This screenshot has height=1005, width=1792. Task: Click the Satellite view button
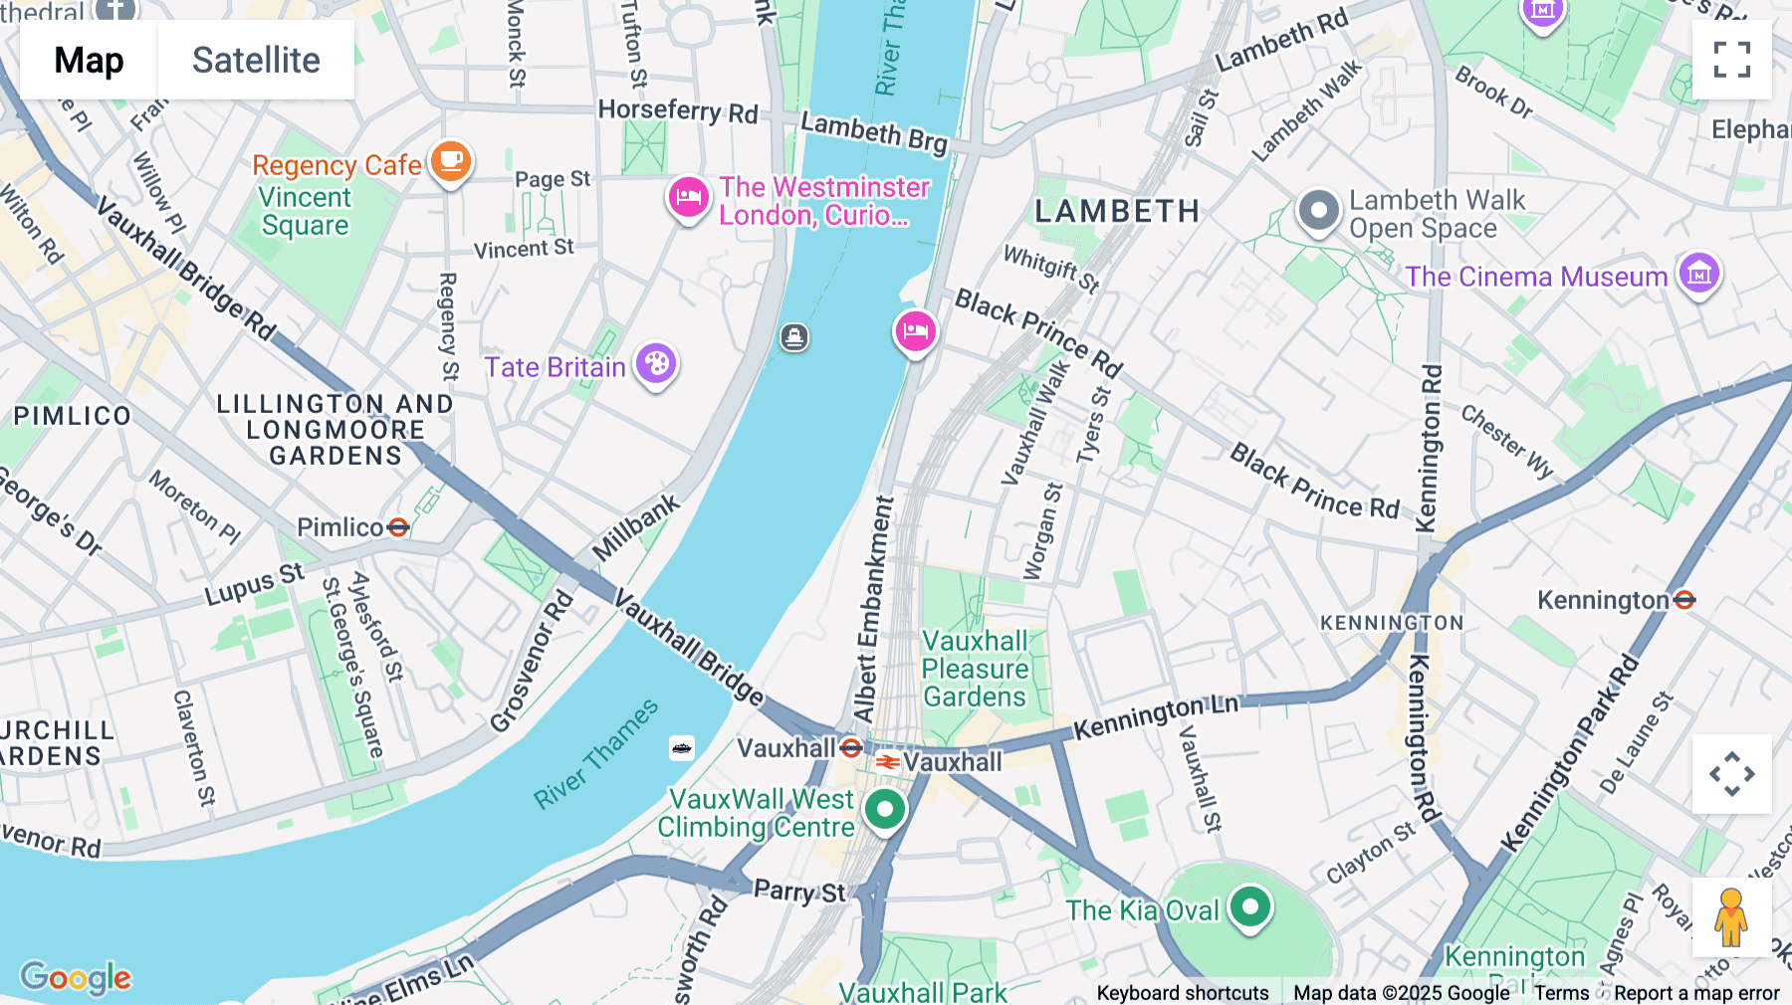[x=256, y=60]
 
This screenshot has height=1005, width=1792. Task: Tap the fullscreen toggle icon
[x=1731, y=60]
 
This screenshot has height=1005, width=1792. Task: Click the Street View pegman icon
[x=1731, y=917]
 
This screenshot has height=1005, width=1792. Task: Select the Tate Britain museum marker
[x=656, y=364]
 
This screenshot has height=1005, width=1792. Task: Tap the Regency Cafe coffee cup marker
[x=450, y=161]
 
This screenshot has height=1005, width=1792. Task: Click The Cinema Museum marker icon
[x=1698, y=273]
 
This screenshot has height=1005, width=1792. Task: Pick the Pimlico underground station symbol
[x=398, y=527]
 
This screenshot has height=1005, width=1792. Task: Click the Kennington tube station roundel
[x=1684, y=600]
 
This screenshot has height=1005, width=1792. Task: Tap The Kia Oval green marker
[x=1249, y=906]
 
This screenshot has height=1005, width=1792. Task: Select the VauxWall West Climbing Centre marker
[x=884, y=810]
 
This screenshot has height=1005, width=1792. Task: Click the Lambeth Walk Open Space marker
[x=1319, y=211]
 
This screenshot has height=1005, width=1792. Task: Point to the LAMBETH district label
[x=1117, y=211]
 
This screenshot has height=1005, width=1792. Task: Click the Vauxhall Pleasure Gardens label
[x=975, y=669]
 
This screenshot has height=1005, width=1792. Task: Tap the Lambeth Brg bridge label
[x=874, y=132]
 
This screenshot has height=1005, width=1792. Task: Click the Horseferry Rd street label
[x=678, y=110]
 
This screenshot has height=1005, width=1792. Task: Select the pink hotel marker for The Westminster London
[x=688, y=197]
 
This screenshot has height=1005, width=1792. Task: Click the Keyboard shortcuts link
[x=1182, y=993]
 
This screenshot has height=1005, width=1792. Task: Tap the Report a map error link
[x=1696, y=993]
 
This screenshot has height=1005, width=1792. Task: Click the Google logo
[x=76, y=977]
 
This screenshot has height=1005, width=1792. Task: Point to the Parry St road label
[x=799, y=891]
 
